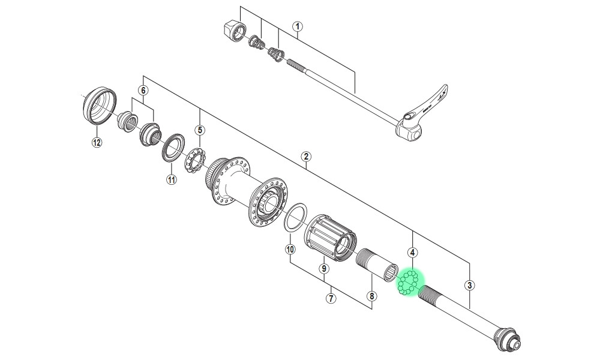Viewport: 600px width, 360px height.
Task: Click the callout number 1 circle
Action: tap(298, 27)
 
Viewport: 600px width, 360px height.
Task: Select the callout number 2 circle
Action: tap(306, 156)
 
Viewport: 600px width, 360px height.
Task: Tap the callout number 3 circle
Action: tap(470, 285)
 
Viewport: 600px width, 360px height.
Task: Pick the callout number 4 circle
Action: tap(412, 253)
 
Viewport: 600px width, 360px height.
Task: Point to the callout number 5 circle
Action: tap(200, 130)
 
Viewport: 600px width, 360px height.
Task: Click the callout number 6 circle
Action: tap(143, 91)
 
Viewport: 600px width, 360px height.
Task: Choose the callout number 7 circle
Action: tap(331, 298)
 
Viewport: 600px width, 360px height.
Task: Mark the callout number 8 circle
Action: tap(371, 296)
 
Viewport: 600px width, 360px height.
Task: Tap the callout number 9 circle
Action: tap(324, 269)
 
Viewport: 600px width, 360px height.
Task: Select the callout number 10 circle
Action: tap(290, 250)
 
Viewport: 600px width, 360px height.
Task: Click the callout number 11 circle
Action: tap(172, 179)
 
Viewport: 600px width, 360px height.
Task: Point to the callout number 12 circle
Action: tap(97, 143)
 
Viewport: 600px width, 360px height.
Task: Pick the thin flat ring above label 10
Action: tap(296, 217)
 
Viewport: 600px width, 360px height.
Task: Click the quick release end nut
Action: tap(235, 31)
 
